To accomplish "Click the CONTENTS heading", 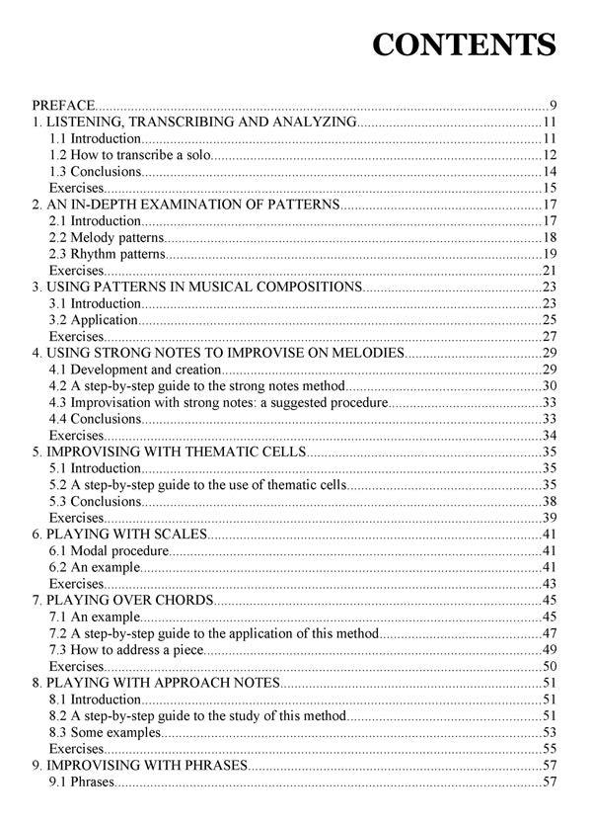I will click(465, 46).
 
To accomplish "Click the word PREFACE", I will click(63, 105).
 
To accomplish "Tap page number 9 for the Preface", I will click(554, 105).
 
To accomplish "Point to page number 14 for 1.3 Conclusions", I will click(550, 172).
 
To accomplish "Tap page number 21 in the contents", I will click(550, 270).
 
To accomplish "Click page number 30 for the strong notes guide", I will click(550, 385).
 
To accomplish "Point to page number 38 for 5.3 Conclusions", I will click(550, 501).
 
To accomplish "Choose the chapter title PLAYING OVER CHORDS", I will click(122, 600).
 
